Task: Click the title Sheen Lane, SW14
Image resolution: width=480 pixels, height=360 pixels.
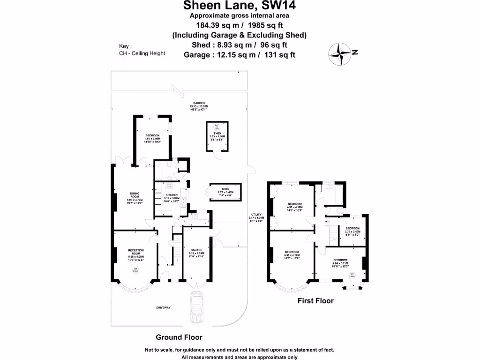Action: [x=240, y=6]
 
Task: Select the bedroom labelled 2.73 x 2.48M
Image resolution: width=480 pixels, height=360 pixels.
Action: [x=352, y=230]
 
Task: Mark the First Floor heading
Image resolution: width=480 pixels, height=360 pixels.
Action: [x=315, y=301]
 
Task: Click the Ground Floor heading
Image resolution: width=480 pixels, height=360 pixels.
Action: [x=179, y=337]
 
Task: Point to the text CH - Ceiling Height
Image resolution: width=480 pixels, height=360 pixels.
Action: [x=142, y=53]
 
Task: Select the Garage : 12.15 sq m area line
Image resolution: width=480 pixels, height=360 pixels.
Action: [x=240, y=55]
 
